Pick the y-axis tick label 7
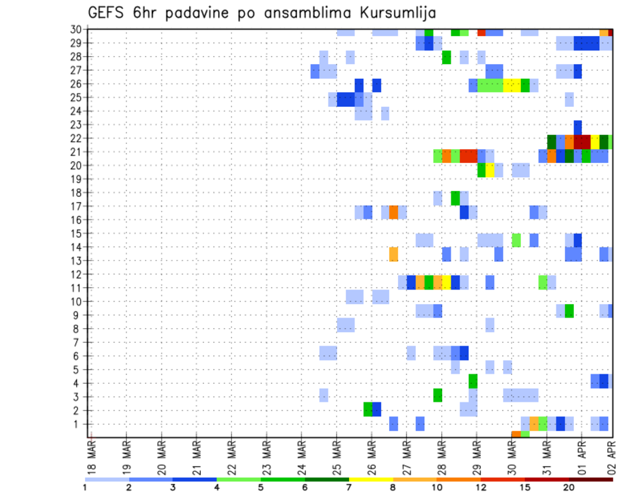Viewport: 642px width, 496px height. (x=78, y=342)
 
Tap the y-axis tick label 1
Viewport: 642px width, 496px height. (x=78, y=424)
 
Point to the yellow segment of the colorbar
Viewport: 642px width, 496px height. (x=371, y=479)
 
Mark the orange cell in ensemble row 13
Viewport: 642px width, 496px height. (x=394, y=254)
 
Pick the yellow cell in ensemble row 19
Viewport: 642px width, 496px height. (x=490, y=171)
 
